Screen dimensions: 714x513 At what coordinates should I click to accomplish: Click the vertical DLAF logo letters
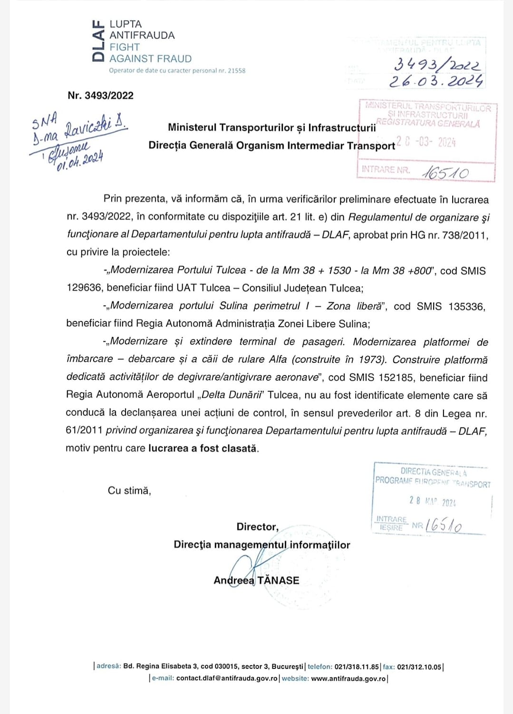click(97, 41)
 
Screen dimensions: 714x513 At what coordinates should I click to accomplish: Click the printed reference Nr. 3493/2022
click(100, 96)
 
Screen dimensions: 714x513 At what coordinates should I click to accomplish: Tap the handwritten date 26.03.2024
click(436, 81)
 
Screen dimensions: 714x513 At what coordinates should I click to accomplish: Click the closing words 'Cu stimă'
click(129, 491)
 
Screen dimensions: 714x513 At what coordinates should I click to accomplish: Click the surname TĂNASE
click(278, 580)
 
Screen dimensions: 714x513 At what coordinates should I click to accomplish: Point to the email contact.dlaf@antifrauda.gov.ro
click(226, 678)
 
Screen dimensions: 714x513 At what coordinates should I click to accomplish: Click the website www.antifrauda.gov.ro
click(348, 678)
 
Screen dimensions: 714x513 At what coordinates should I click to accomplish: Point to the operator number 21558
click(236, 70)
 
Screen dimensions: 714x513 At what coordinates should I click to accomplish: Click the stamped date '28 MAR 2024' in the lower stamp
click(432, 502)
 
